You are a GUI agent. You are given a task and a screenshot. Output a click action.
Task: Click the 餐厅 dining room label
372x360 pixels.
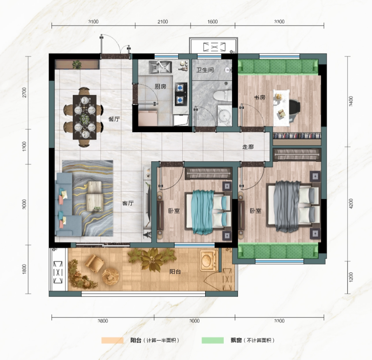click(x=114, y=119)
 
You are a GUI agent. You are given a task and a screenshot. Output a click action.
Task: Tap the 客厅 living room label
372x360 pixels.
click(x=128, y=203)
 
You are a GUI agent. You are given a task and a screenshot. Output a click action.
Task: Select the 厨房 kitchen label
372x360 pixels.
click(x=161, y=86)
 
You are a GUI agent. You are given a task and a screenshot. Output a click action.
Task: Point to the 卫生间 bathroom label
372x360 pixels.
click(x=205, y=70)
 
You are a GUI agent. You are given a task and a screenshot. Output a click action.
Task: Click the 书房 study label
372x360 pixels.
click(x=260, y=97)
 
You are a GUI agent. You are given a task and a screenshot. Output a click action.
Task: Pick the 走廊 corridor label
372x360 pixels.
click(x=248, y=147)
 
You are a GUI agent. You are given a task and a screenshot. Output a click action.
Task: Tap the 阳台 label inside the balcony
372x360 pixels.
click(x=175, y=272)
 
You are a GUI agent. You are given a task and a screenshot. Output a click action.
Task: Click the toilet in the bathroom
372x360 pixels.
click(x=222, y=96)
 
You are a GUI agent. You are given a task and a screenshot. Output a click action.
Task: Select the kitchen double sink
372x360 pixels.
click(x=161, y=67)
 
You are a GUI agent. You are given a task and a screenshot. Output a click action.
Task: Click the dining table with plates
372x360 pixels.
click(x=85, y=117)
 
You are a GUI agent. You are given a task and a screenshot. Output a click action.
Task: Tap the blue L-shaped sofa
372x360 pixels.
click(x=66, y=204)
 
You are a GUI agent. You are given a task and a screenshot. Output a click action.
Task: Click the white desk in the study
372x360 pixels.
click(x=281, y=108)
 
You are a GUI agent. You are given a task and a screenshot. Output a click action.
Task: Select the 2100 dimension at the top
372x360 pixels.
click(x=163, y=22)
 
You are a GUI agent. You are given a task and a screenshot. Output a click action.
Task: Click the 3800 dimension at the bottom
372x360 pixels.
click(x=103, y=321)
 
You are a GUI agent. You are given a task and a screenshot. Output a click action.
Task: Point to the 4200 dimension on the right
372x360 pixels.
click(x=351, y=204)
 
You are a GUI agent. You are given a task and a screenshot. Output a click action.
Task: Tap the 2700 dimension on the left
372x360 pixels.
click(x=24, y=93)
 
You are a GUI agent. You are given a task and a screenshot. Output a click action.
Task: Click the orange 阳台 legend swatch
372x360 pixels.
click(x=112, y=340)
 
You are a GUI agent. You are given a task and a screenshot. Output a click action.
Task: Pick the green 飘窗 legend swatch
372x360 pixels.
click(x=213, y=340)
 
